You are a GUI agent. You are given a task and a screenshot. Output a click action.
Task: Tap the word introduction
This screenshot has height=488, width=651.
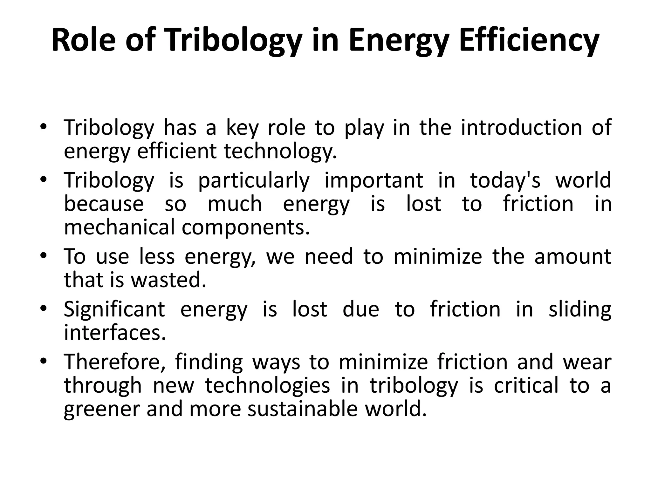pos(521,127)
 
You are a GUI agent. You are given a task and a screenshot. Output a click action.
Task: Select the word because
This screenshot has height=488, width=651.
pos(104,204)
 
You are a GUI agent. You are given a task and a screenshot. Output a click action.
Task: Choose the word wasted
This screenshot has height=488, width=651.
pos(169,280)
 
